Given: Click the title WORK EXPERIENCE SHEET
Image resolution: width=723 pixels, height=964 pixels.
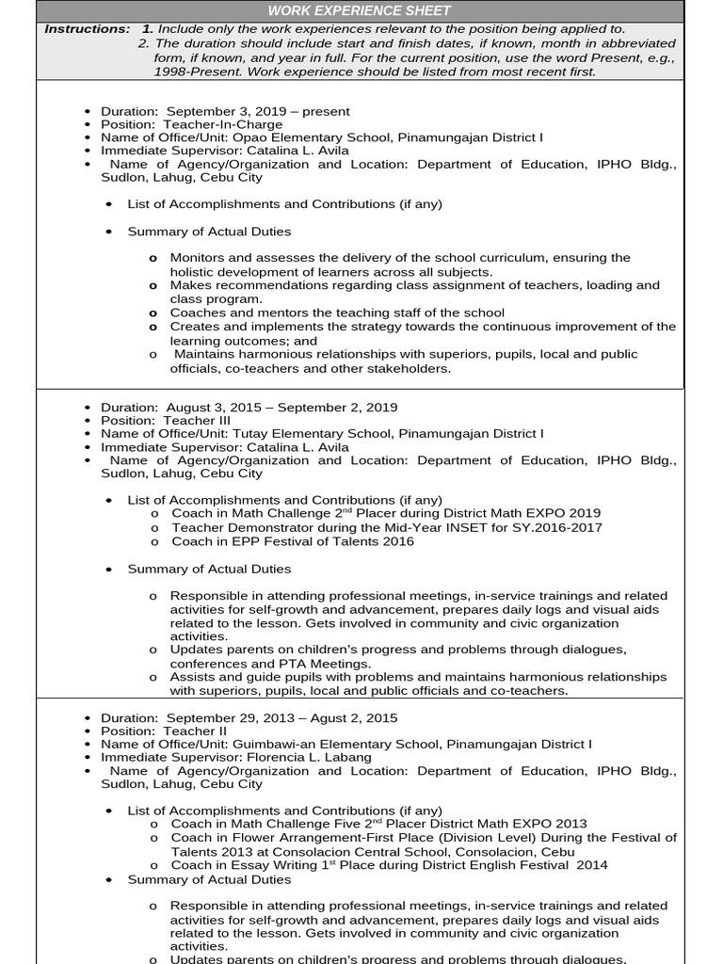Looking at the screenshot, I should pyautogui.click(x=360, y=10).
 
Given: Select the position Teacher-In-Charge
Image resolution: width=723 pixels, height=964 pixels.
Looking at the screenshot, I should pyautogui.click(x=222, y=124).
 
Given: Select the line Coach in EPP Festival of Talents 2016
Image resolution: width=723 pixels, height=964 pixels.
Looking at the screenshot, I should pyautogui.click(x=292, y=541).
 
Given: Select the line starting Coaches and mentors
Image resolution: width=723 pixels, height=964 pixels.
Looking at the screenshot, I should pyautogui.click(x=337, y=313).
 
